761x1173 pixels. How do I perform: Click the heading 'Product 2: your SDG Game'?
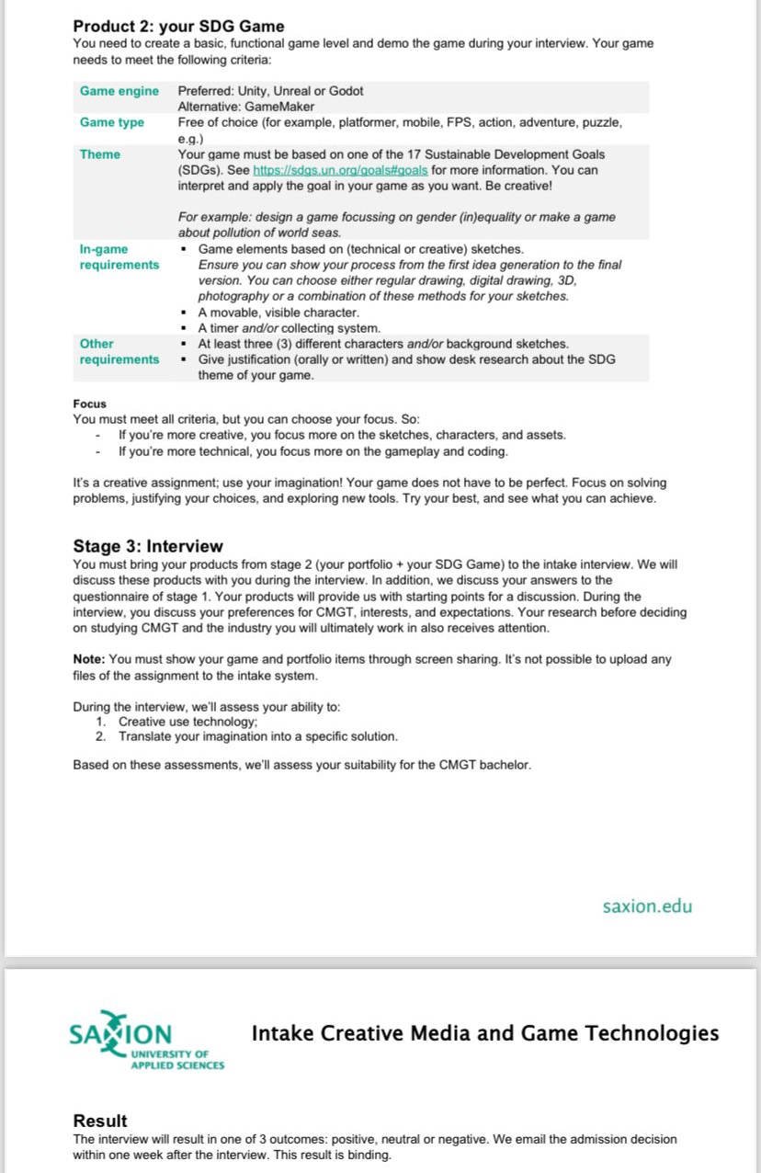(178, 26)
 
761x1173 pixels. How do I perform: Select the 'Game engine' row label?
(119, 91)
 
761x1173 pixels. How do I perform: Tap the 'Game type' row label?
(111, 122)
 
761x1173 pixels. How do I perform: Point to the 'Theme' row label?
(99, 154)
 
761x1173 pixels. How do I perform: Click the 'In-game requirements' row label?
(119, 256)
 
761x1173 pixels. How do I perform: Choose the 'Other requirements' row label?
(119, 351)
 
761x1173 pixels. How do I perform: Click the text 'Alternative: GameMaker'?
(245, 107)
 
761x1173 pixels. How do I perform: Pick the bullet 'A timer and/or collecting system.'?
(289, 328)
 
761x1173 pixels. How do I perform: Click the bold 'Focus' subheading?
(89, 404)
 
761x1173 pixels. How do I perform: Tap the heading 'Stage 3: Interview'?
(147, 546)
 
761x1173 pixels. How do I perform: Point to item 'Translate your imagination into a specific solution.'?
(257, 736)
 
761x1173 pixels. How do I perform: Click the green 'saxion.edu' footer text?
(647, 906)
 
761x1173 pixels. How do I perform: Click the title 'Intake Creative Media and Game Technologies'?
(484, 1033)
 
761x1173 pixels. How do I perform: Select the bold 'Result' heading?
(100, 1121)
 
